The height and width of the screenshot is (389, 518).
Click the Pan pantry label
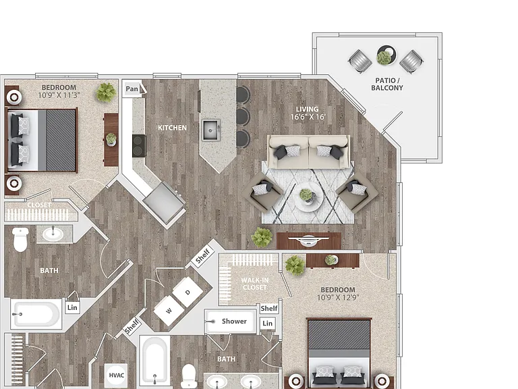coord(132,88)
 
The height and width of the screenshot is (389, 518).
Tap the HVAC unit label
coord(116,375)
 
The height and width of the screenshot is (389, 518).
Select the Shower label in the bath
coord(234,321)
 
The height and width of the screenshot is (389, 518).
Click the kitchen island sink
coord(211,130)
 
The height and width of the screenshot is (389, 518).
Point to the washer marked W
coord(169,311)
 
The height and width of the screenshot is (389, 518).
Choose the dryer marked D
coord(188,292)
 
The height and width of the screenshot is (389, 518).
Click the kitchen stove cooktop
coord(139,146)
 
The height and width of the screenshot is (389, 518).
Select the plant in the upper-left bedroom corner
coord(106,93)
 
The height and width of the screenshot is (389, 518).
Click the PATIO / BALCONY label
coord(387,84)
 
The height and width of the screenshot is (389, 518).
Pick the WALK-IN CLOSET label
coord(255,284)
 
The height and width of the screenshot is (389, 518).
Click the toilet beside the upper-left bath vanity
coord(20,240)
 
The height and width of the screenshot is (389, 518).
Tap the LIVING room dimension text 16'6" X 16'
coord(308,117)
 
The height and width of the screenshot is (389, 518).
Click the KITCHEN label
coord(172,128)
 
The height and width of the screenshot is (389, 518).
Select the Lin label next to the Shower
coord(268,323)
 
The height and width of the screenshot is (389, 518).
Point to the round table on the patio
coord(386,55)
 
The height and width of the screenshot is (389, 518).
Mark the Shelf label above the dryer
coord(202,256)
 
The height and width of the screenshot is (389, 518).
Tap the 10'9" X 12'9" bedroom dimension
coord(338,297)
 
